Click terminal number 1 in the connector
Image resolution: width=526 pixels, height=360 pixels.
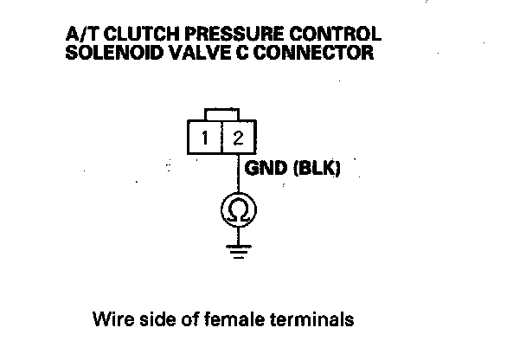tap(205, 138)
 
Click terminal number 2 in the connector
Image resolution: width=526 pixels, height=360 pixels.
tap(237, 138)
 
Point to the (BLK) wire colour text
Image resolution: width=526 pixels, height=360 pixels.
tap(316, 169)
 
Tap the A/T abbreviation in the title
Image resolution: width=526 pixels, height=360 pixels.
tap(80, 35)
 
